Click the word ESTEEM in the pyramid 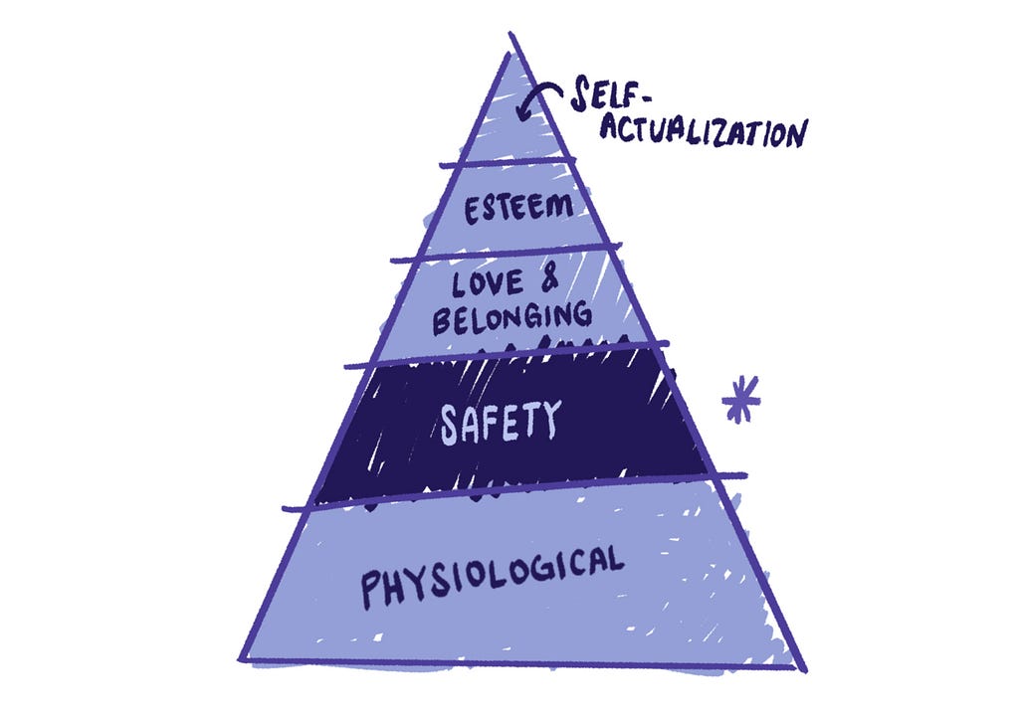pyautogui.click(x=518, y=208)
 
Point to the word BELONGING pyautogui.click(x=512, y=317)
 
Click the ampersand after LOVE pyautogui.click(x=548, y=279)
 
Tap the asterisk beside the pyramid pyautogui.click(x=740, y=400)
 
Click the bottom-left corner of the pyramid pyautogui.click(x=240, y=660)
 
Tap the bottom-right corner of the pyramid pyautogui.click(x=804, y=669)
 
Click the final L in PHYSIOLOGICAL pyautogui.click(x=615, y=560)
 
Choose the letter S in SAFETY pyautogui.click(x=451, y=429)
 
